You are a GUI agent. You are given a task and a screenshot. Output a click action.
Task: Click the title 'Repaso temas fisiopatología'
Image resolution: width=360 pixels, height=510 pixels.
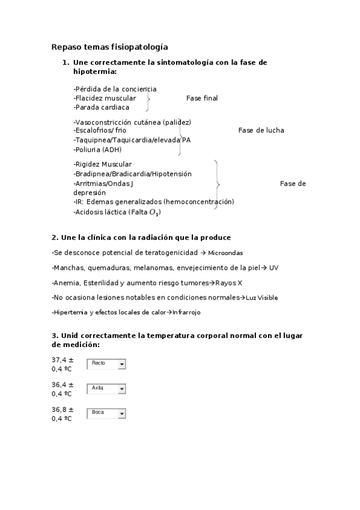[x=109, y=46]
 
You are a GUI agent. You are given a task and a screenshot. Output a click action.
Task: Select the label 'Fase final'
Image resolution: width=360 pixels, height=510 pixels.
[x=202, y=98]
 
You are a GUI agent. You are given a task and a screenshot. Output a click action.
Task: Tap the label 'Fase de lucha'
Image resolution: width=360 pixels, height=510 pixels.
[x=261, y=131]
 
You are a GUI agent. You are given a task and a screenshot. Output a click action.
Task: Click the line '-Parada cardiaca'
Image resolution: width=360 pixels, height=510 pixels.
[x=102, y=107]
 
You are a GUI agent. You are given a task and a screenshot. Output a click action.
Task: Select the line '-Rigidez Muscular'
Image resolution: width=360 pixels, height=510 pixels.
[x=103, y=164]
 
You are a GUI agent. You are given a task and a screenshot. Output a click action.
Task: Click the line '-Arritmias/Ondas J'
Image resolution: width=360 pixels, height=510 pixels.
[x=103, y=183]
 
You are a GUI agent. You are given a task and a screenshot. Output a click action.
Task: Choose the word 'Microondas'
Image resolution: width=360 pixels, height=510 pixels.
[x=226, y=253]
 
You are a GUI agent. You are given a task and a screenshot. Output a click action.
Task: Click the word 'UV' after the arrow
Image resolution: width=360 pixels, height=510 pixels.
[x=273, y=268]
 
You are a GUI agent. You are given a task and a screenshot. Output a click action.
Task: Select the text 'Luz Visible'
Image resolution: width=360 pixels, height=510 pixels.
[x=262, y=298]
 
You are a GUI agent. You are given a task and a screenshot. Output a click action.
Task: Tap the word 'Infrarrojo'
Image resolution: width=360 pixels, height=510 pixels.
[x=186, y=313]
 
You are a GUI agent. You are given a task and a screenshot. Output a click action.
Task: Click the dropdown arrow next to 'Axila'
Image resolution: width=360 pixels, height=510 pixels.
[x=122, y=389]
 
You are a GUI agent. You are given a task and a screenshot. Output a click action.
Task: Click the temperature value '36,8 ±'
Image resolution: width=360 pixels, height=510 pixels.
[x=63, y=409]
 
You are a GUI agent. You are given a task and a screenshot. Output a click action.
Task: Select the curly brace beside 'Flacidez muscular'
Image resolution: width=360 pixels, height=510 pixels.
[x=148, y=98]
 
